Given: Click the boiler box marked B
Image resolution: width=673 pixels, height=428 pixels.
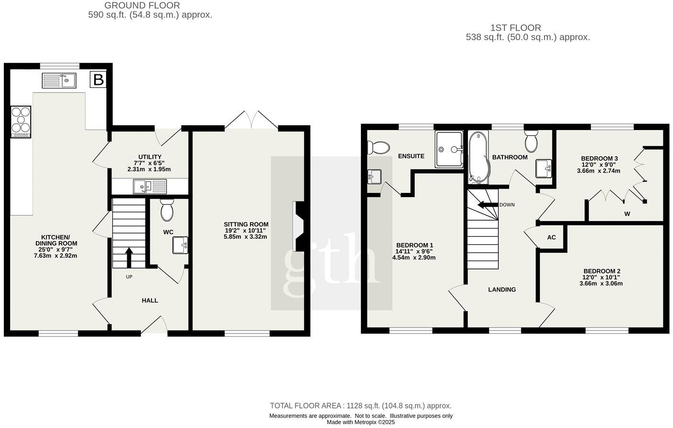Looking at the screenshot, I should coord(98,80).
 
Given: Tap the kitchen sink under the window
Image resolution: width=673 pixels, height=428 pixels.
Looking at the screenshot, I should coord(59,80).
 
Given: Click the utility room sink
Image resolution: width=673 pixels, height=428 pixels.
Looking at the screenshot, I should coord(150,186).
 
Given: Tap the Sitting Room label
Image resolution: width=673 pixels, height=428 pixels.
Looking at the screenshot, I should coord(246,224).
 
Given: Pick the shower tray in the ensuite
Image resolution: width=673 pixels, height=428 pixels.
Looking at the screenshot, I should coord(449,150).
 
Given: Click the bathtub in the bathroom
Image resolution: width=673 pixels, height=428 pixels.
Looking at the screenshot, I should coord(477,157).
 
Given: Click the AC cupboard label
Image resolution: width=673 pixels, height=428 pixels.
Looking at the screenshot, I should coord(551,237).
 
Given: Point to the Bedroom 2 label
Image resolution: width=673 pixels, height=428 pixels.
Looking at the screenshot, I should coord(601,271).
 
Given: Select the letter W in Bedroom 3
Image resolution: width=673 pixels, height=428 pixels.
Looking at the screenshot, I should coord(627,214).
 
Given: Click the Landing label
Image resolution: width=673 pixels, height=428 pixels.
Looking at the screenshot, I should coord(501,289).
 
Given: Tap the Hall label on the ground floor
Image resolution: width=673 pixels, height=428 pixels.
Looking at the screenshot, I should coord(150,300).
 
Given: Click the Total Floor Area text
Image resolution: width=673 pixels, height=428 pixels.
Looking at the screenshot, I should coord(360,406).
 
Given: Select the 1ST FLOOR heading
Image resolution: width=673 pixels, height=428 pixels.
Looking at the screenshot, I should coord(515,28).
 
